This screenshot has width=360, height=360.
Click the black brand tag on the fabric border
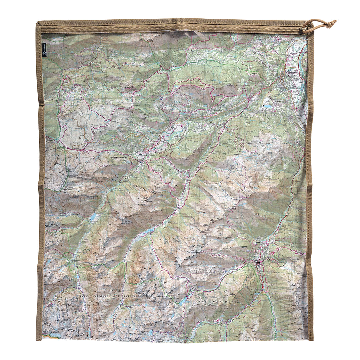[x=44, y=50]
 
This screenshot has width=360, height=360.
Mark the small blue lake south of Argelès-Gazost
[x=268, y=106]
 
